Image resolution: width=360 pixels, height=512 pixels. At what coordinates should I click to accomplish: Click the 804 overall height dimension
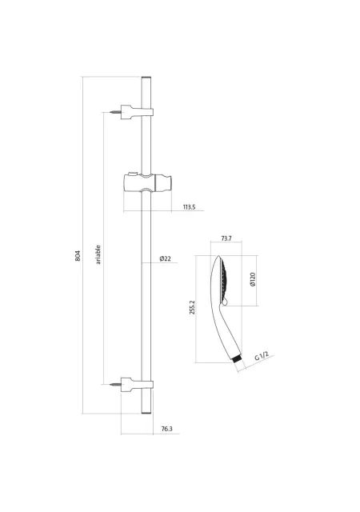click(78, 256)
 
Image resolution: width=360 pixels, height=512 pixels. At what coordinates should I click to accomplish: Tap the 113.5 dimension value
click(189, 207)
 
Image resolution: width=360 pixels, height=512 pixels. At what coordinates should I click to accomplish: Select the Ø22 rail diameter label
click(166, 258)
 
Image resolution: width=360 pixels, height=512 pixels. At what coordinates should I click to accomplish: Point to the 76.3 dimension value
click(166, 429)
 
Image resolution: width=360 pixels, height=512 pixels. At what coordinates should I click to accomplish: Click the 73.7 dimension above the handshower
click(226, 238)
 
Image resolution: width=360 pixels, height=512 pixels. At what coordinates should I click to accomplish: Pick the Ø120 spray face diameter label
click(253, 280)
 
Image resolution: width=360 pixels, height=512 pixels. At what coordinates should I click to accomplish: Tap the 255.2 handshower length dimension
click(192, 307)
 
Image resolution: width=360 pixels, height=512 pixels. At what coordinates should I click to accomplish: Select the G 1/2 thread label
click(262, 356)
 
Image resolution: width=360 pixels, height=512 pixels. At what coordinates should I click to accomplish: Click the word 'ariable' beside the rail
click(98, 254)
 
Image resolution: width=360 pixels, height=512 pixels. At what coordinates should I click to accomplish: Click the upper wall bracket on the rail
click(138, 112)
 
